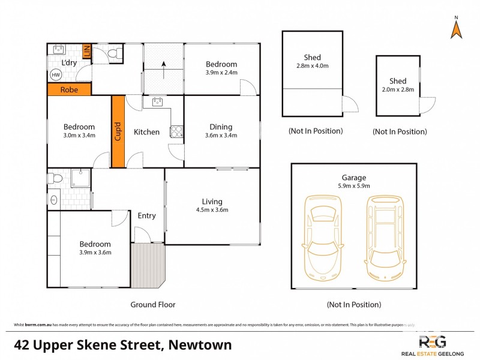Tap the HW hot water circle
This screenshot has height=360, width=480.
click(56, 75)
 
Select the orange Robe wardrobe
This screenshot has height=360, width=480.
click(69, 89)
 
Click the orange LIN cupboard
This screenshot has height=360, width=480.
click(86, 52)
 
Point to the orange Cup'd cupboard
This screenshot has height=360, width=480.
click(117, 131)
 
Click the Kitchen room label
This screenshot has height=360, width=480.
click(146, 132)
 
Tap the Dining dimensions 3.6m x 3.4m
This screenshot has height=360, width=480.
click(221, 135)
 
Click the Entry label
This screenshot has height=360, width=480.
click(146, 216)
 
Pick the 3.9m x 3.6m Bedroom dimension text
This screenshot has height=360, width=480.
click(95, 252)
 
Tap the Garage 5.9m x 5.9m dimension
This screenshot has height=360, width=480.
click(353, 186)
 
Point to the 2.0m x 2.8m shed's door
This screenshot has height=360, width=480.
click(427, 106)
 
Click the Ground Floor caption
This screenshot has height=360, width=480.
click(153, 305)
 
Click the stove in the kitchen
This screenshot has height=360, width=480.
click(176, 131)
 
